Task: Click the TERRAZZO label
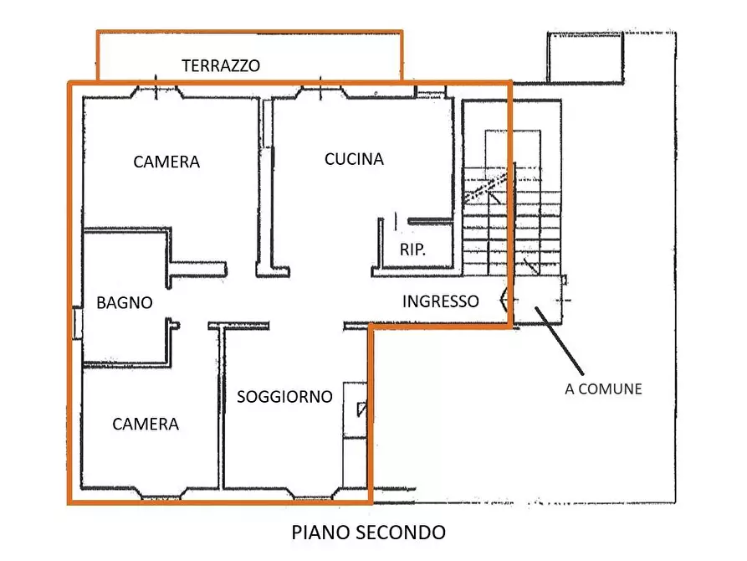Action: coord(221,65)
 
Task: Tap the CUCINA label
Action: coord(354,159)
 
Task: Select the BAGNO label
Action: coord(125,302)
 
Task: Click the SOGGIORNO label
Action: coord(284,396)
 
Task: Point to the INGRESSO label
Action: coord(441,301)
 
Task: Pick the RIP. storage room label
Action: coord(413,250)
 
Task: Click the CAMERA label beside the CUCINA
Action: coord(166,162)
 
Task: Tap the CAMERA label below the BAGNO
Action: coord(146,425)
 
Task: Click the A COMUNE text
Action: coord(603,389)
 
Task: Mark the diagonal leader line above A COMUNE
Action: coord(560,342)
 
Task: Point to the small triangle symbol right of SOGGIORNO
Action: coord(361,409)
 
